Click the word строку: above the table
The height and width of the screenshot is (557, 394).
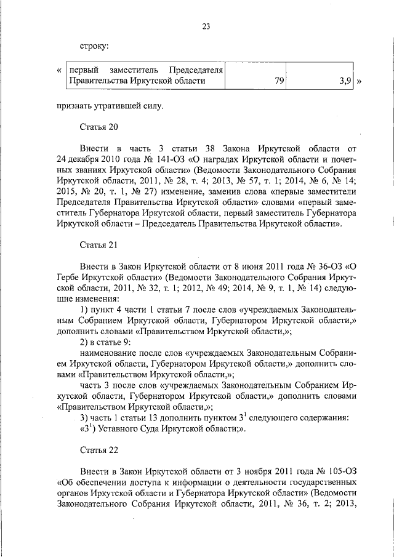click(94, 46)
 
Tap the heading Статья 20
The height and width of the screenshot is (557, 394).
click(98, 127)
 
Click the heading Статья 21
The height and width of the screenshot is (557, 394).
click(98, 244)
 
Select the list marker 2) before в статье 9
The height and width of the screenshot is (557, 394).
click(86, 343)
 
